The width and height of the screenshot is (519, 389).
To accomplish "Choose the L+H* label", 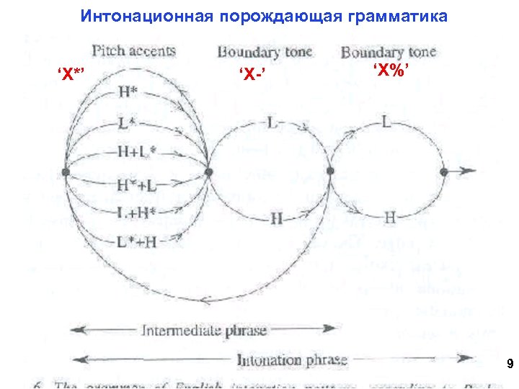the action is [136, 213].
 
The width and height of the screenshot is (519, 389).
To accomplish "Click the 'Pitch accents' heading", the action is [133, 50].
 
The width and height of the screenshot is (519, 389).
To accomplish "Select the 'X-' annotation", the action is [249, 75].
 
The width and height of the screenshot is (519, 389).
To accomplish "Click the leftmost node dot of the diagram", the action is [66, 173].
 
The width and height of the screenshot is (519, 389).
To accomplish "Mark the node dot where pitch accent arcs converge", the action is [209, 172].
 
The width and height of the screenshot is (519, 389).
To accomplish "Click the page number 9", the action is [510, 365].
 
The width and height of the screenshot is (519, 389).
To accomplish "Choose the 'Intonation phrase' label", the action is [292, 359].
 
